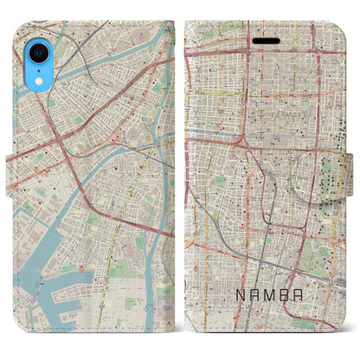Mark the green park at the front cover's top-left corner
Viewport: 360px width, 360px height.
pos(201,30)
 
